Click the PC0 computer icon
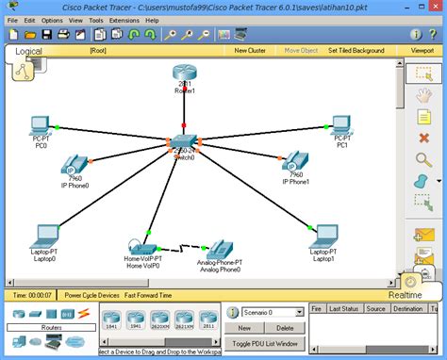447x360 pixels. [x=41, y=125]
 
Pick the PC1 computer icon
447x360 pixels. [x=342, y=125]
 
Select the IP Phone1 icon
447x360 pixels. [x=295, y=160]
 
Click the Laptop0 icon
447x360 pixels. [x=42, y=236]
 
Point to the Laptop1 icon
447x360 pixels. [x=323, y=236]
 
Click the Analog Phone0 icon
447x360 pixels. [x=220, y=247]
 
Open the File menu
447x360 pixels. [x=13, y=19]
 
